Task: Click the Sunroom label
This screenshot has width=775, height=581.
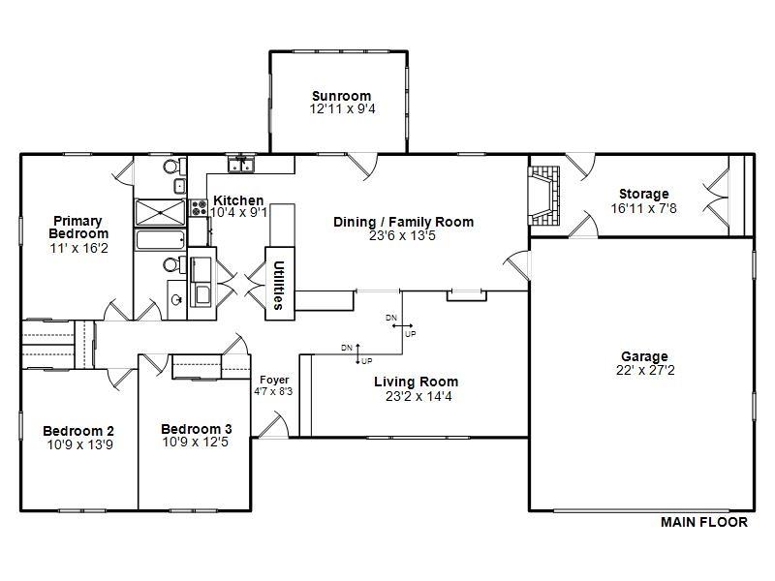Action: click(342, 96)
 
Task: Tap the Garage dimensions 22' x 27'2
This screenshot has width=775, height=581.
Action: click(645, 371)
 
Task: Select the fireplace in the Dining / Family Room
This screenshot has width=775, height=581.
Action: click(543, 197)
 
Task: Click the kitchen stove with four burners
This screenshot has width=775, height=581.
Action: click(199, 207)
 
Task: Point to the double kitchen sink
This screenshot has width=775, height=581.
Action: click(241, 164)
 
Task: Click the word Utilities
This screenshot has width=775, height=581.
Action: click(279, 285)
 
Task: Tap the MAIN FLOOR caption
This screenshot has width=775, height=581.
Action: click(704, 522)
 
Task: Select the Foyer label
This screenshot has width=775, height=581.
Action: click(274, 380)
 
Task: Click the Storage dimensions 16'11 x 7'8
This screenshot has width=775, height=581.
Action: click(643, 208)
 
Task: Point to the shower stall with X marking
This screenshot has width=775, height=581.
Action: click(160, 212)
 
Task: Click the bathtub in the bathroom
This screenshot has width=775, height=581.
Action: click(160, 240)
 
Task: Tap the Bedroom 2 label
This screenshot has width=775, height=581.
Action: click(78, 431)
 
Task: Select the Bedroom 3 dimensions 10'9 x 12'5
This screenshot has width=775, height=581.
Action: click(196, 443)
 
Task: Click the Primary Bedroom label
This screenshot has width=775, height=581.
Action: click(78, 228)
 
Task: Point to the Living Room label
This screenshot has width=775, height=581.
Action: click(417, 382)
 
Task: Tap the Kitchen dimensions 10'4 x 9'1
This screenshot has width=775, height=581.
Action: click(238, 213)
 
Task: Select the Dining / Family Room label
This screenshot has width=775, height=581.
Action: click(403, 222)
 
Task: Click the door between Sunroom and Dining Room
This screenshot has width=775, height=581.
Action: click(363, 165)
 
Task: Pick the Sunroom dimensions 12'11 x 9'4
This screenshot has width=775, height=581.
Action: click(343, 109)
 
